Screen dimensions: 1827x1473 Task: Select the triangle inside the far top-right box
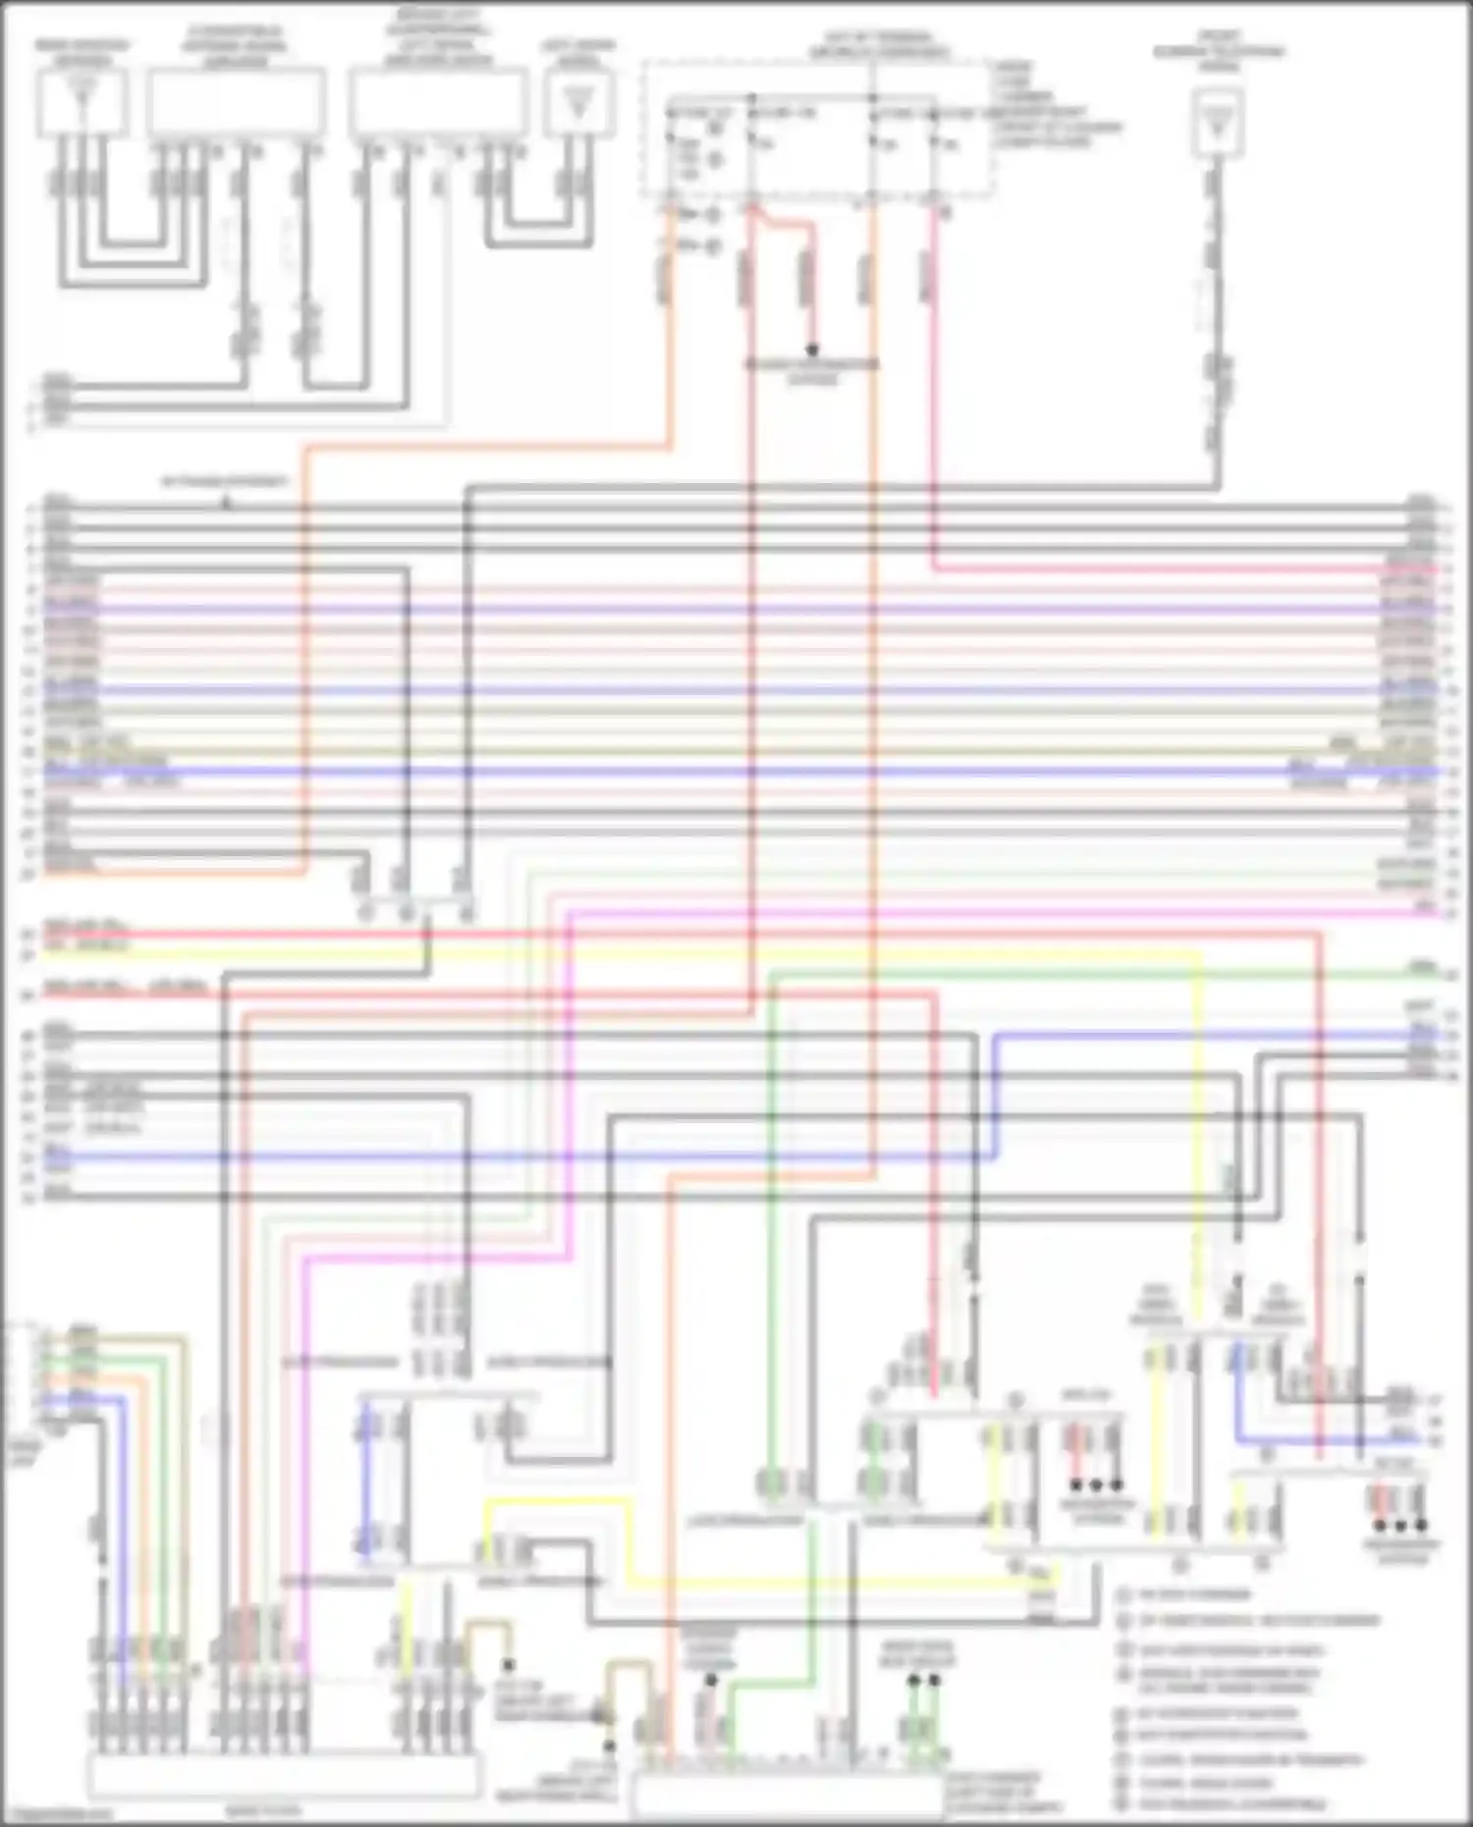[1218, 123]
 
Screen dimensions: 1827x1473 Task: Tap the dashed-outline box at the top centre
[817, 128]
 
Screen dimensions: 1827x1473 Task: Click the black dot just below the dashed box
[812, 350]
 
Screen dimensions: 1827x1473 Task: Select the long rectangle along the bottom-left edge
[284, 1775]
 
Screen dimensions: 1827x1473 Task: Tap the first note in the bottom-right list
[1194, 1594]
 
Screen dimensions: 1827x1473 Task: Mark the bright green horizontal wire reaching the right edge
[1080, 974]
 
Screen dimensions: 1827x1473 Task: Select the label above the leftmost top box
[82, 52]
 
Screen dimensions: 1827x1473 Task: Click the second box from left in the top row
[237, 102]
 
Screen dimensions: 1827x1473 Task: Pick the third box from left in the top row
[438, 102]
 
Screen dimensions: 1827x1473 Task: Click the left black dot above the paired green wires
[913, 1680]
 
